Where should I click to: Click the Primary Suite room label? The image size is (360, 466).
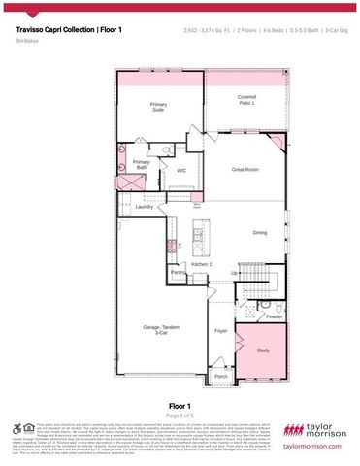158,107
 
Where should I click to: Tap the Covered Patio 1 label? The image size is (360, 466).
246,100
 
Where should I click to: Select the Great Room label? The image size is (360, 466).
245,169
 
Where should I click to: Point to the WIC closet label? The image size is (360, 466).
180,170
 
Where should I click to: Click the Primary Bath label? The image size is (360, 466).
142,165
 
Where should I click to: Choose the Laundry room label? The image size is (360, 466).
145,206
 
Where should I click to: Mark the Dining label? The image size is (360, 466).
260,233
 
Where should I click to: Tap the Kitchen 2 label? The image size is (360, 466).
201,263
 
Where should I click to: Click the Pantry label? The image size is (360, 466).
178,274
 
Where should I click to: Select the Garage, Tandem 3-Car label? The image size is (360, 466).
158,330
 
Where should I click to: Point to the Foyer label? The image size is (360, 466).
220,330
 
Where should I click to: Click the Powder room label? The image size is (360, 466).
275,316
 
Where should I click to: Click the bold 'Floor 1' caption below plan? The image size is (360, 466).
180,406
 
